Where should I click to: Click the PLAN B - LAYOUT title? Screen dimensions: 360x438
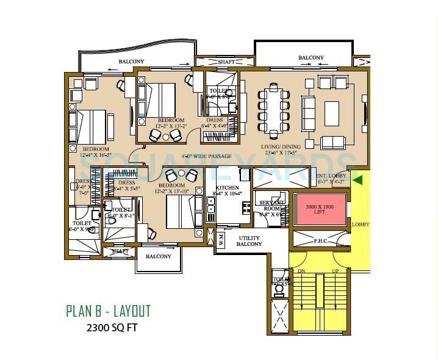coord(108,311)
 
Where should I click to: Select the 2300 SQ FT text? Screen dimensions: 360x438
coord(112,328)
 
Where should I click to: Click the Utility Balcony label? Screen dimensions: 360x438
coord(250,241)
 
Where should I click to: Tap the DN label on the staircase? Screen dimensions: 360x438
coord(301,271)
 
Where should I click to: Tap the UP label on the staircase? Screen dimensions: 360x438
coord(335,271)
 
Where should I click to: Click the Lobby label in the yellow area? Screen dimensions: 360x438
coord(361,225)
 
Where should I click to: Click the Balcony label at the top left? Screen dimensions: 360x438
coord(131,62)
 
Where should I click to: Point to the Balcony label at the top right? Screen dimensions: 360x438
coord(311,58)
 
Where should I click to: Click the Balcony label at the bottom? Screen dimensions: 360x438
coord(159,256)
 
